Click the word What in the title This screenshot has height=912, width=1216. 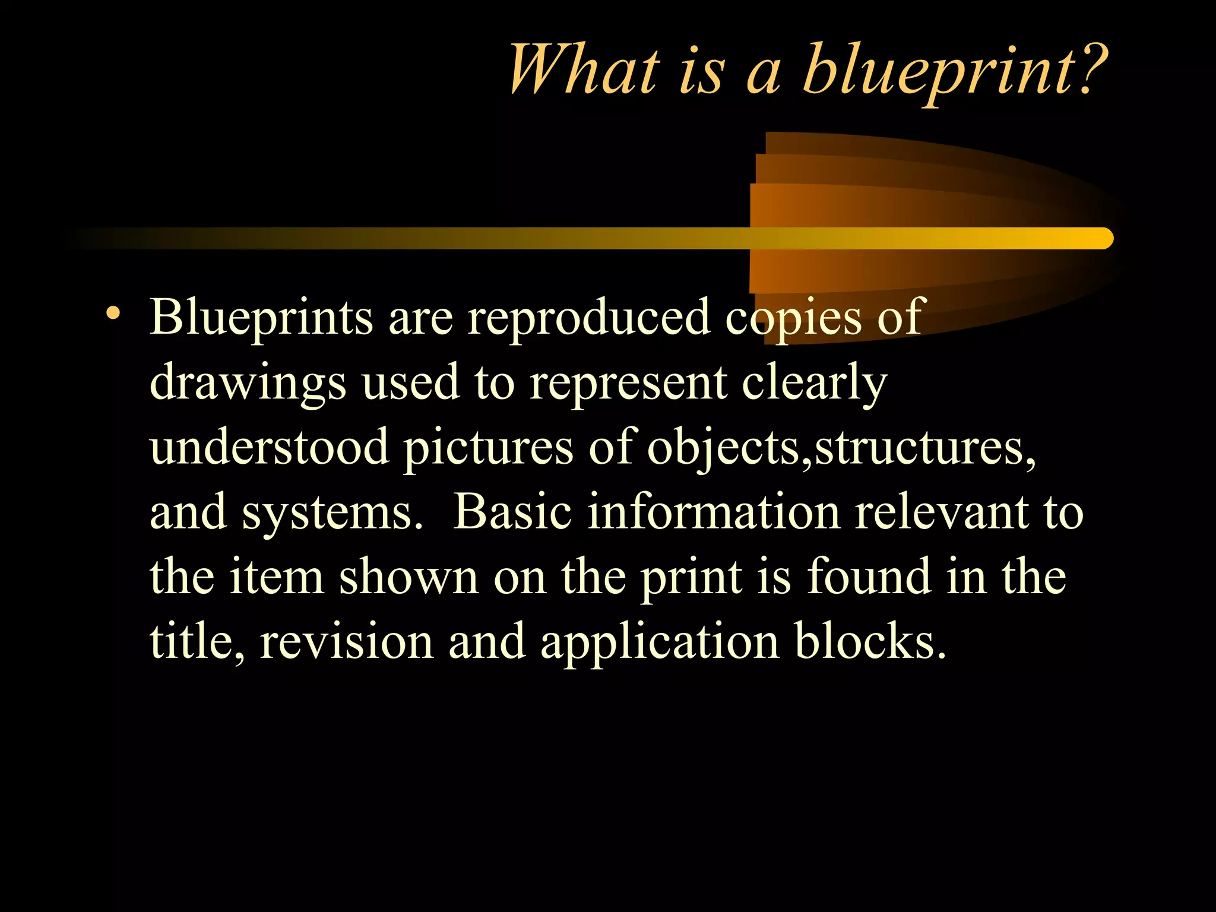(x=584, y=70)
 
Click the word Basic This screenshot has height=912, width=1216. (x=512, y=512)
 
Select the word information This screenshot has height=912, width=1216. (x=713, y=512)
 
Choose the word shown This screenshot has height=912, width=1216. (x=408, y=577)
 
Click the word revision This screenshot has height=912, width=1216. (x=347, y=642)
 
